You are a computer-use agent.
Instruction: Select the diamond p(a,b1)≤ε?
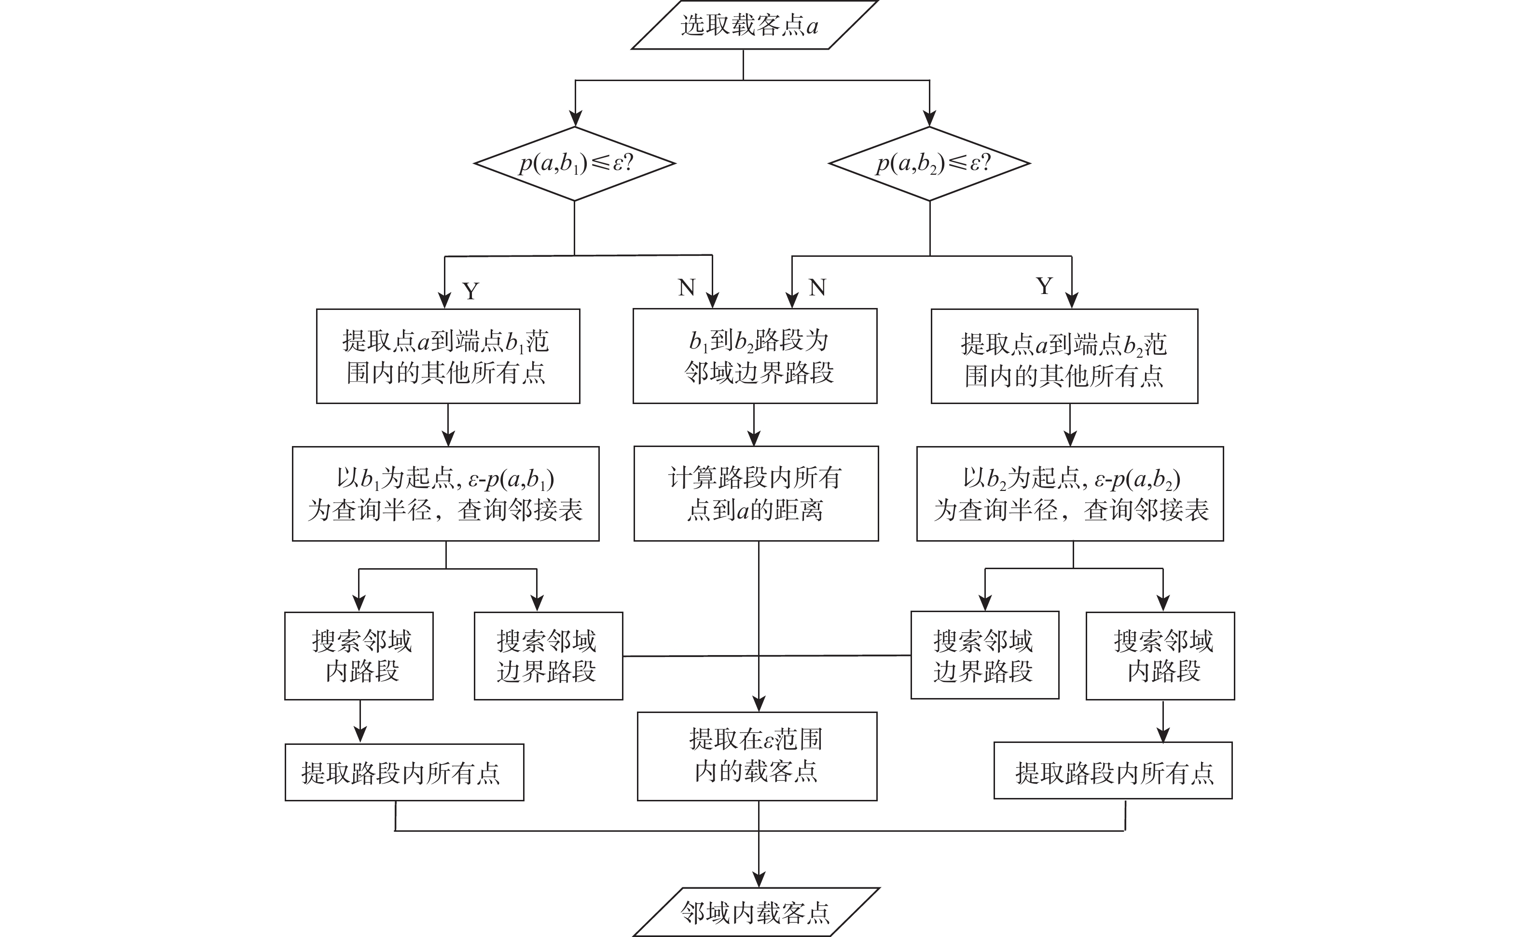(575, 164)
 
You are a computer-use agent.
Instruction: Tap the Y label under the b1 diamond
(471, 291)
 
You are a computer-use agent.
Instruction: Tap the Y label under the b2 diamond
(1044, 286)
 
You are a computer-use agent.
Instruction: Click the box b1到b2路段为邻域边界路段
(755, 356)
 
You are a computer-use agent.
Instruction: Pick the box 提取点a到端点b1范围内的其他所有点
(448, 356)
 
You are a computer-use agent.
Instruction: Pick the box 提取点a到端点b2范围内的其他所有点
(1064, 356)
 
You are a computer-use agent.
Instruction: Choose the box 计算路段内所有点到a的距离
(756, 493)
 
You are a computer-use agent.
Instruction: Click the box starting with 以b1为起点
(445, 493)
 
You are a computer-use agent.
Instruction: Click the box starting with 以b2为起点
(1070, 493)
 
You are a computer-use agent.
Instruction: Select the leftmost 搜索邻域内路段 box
(359, 656)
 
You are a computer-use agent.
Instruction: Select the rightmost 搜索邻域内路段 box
(1160, 656)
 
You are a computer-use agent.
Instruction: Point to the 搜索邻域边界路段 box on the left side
(548, 656)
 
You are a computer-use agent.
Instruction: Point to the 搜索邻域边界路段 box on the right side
(985, 655)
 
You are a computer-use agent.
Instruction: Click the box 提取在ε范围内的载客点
(757, 756)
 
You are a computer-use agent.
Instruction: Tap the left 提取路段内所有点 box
(404, 772)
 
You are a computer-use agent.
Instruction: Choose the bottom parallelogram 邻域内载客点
(756, 912)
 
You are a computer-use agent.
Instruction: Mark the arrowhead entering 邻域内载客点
(759, 880)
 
